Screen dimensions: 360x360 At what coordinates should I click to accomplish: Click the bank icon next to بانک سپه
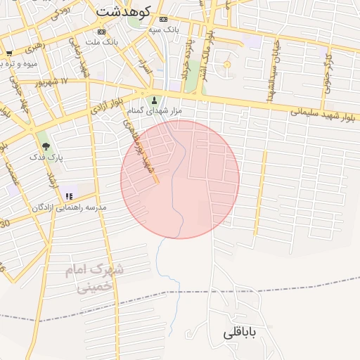164,19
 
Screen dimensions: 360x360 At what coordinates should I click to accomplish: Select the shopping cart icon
9,53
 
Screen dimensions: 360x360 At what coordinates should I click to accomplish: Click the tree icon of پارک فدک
46,146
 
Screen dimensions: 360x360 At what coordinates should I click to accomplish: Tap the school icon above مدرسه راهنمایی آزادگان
68,195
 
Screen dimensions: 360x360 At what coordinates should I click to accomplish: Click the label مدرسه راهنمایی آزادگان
68,207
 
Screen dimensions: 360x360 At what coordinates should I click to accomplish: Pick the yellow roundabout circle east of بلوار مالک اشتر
226,65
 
